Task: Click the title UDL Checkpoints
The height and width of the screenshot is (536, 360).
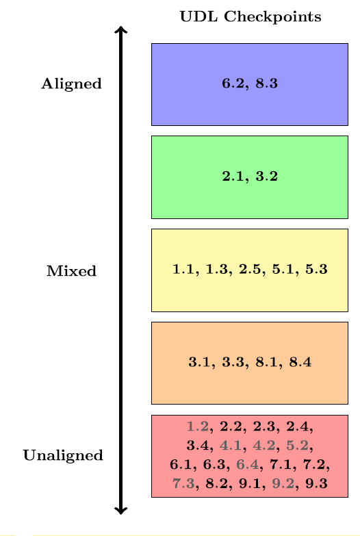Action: tap(250, 16)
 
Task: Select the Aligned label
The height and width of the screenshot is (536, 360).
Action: tap(71, 84)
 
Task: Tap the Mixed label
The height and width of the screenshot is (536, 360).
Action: tap(71, 270)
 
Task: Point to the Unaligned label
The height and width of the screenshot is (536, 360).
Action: tap(63, 455)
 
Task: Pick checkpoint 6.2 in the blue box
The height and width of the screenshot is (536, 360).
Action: tap(233, 84)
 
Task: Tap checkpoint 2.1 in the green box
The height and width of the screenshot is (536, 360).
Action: tap(233, 177)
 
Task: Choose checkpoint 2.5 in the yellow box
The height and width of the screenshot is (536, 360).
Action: tap(250, 269)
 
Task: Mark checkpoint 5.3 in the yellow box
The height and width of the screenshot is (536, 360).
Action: tap(316, 269)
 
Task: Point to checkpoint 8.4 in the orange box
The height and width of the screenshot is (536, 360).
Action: tap(300, 362)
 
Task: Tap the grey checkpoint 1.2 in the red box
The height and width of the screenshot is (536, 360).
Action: tap(198, 426)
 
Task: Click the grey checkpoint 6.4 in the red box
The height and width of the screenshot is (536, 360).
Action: tap(248, 465)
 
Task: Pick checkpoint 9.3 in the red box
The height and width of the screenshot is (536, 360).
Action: tap(316, 483)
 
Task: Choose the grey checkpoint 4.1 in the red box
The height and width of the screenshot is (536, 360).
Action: tap(231, 446)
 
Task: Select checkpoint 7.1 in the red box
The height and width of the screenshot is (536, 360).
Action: tap(281, 465)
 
